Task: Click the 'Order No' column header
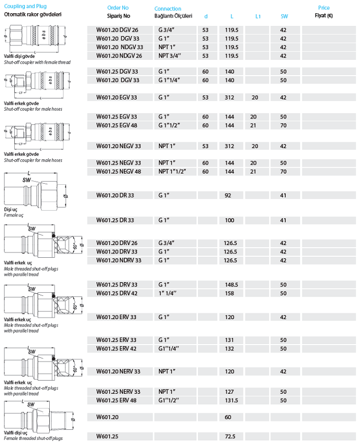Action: [x=118, y=8]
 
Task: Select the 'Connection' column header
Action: [x=167, y=8]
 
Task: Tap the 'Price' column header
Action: [x=323, y=8]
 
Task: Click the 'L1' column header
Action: [x=258, y=16]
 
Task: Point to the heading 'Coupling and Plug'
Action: [x=25, y=6]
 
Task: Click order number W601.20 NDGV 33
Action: [x=120, y=47]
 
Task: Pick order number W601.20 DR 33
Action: [x=115, y=195]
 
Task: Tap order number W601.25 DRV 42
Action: [x=116, y=293]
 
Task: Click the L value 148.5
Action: [x=231, y=284]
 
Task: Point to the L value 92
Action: [x=228, y=195]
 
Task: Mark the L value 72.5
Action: [x=230, y=436]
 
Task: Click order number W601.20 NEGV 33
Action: [x=119, y=146]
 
